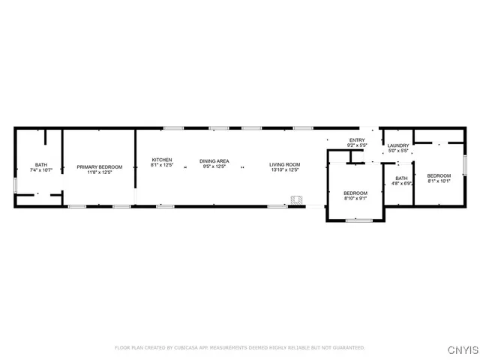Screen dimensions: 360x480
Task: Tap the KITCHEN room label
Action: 162,160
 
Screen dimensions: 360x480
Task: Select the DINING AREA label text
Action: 214,161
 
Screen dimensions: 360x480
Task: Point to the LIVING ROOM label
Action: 285,164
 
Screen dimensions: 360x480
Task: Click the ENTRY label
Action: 356,140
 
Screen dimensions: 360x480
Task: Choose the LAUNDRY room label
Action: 398,145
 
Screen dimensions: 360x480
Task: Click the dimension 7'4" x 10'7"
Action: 40,171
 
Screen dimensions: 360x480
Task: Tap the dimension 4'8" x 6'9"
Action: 400,183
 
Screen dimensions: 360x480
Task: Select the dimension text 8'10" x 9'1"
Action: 355,198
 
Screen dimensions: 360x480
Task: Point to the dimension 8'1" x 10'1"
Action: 439,180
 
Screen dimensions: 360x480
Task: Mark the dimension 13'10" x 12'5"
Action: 285,170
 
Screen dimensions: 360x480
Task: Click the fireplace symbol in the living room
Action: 297,200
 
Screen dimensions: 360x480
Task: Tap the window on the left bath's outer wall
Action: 15,184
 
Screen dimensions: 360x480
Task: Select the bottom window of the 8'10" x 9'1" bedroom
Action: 358,220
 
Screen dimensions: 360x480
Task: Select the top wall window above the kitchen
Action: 174,128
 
